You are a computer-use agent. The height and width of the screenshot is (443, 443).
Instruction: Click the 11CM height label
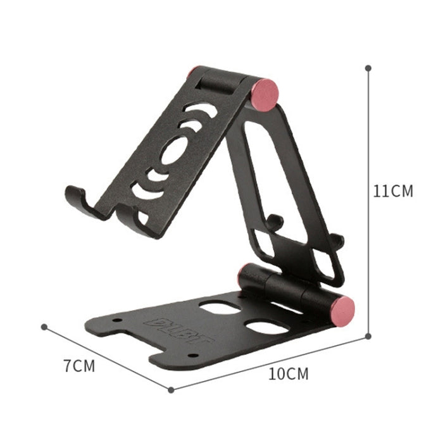[x=392, y=190]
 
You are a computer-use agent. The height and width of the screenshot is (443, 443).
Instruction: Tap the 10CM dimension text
[x=289, y=373]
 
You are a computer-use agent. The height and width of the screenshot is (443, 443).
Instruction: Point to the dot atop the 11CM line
[x=368, y=67]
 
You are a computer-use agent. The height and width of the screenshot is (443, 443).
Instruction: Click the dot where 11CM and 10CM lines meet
[x=368, y=337]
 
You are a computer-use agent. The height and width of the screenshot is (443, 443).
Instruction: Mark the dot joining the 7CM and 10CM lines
[x=171, y=390]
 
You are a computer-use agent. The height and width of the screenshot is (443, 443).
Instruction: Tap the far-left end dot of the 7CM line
[x=44, y=327]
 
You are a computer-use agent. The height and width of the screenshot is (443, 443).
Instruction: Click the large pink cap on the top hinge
[x=265, y=94]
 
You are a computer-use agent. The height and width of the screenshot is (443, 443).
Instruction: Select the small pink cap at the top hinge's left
[x=190, y=73]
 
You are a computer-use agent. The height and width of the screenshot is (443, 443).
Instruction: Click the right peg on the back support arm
[x=337, y=240]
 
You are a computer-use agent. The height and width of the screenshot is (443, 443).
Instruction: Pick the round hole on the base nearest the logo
[x=219, y=307]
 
